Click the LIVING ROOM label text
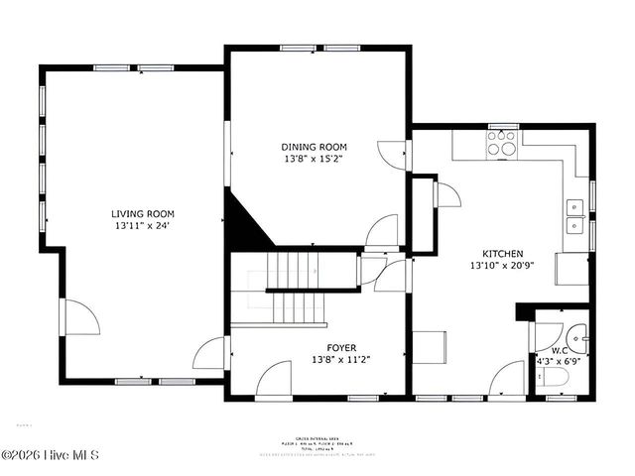[142, 213]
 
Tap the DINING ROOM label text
[315, 146]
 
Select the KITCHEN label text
[503, 253]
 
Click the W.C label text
[561, 351]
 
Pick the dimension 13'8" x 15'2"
[315, 158]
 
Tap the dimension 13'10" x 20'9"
[503, 265]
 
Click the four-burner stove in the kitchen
[503, 147]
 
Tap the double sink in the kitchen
[574, 216]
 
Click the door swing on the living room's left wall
[79, 319]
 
